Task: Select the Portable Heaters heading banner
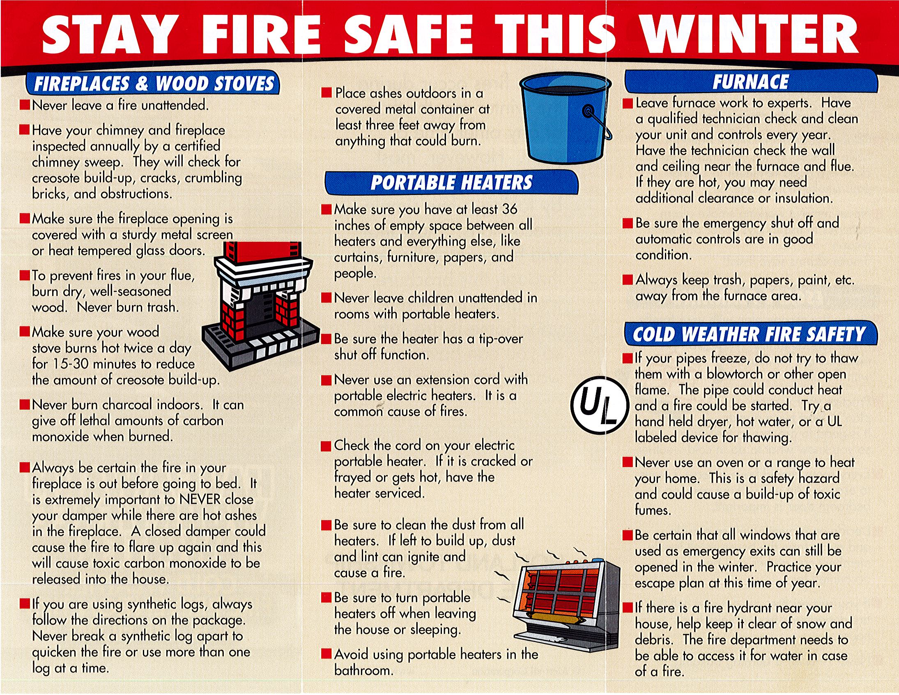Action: click(451, 183)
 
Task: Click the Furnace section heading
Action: click(751, 81)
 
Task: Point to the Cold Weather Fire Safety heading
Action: click(750, 334)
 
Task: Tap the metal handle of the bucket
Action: click(597, 124)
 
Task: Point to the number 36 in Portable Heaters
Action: click(509, 209)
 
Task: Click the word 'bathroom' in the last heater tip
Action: click(364, 670)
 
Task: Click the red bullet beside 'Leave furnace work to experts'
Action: click(627, 103)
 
